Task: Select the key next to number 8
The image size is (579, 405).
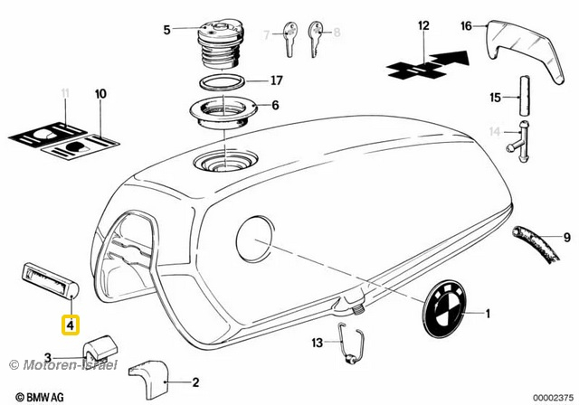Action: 318,33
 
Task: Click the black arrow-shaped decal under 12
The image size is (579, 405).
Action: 430,65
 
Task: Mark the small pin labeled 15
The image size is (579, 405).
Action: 522,92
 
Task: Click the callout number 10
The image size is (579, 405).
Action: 100,94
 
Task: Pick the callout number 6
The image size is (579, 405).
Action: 275,105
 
